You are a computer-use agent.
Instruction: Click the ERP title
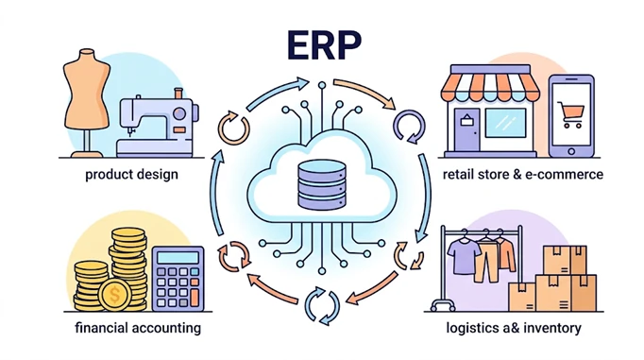point(324,45)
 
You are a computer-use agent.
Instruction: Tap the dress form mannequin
point(87,103)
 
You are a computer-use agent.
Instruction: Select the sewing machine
point(158,123)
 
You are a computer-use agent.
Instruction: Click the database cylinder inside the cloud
point(322,185)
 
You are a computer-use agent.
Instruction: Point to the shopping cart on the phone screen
point(570,114)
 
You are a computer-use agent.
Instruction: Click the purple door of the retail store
point(467,129)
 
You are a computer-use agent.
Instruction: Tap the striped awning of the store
point(490,87)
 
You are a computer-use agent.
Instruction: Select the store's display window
point(505,123)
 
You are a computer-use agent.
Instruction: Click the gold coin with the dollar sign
point(115,295)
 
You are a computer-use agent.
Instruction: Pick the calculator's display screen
point(178,257)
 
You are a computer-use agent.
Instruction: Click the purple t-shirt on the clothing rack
point(464,256)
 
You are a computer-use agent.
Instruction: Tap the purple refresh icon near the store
point(410,127)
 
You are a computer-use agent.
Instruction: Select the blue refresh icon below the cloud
point(322,306)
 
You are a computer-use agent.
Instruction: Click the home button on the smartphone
point(571,151)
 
